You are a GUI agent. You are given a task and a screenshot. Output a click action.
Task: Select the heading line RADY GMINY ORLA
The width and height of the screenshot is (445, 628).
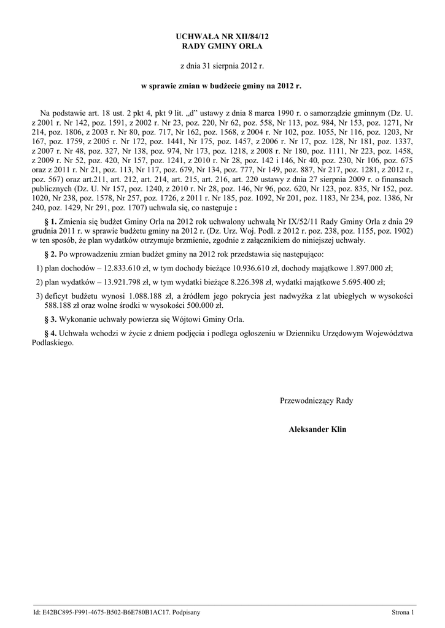(222, 47)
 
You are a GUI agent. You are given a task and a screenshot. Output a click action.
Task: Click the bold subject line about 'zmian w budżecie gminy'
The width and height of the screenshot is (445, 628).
(222, 86)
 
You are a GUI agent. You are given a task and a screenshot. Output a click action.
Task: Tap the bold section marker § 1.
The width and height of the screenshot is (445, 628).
(52, 220)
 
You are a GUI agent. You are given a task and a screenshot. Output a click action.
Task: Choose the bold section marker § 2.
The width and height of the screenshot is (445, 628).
(52, 254)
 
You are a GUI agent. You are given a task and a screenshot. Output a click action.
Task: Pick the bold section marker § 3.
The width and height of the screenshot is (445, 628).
(52, 320)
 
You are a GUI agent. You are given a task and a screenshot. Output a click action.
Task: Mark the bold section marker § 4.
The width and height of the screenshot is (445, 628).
(52, 334)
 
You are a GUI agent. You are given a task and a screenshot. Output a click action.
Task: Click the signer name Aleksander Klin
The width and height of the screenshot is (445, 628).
(317, 430)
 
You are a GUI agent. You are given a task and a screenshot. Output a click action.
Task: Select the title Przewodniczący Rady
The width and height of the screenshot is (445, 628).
(317, 401)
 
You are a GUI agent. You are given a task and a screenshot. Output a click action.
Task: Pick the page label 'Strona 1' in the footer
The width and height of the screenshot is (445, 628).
(404, 613)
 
